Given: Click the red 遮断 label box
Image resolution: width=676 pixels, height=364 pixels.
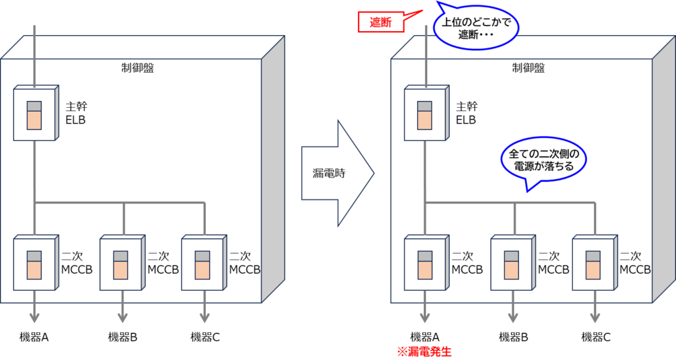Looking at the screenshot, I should click(380, 22).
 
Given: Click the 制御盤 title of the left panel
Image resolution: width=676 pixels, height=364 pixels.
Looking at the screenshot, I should click(137, 67).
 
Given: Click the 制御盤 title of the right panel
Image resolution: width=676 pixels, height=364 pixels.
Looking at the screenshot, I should click(528, 67).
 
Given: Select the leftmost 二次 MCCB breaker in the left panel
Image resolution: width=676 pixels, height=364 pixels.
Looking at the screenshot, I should click(34, 263).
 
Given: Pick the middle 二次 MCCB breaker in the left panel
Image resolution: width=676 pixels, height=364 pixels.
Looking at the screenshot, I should click(121, 263).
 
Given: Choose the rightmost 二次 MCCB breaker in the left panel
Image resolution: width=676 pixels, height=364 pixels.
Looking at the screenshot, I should click(203, 263).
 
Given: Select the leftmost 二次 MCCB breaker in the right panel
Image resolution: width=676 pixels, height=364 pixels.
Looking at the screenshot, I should click(425, 263).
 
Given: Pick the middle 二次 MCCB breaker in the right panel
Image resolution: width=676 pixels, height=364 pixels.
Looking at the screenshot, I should click(512, 263).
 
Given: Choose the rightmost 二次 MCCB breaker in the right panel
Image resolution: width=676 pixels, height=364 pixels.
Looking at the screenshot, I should click(593, 263).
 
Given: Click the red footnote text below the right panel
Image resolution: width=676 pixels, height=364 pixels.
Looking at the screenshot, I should click(424, 351).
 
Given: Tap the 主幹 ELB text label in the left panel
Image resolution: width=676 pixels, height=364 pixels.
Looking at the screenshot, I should click(77, 113).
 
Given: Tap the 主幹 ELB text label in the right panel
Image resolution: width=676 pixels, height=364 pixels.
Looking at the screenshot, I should click(467, 113).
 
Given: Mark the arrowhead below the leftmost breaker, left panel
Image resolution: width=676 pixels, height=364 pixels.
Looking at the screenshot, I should click(34, 318).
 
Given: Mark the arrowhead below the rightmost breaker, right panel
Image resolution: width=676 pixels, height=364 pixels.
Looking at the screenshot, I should click(594, 318).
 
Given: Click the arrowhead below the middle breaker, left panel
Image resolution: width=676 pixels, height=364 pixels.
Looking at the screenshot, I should click(122, 318).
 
